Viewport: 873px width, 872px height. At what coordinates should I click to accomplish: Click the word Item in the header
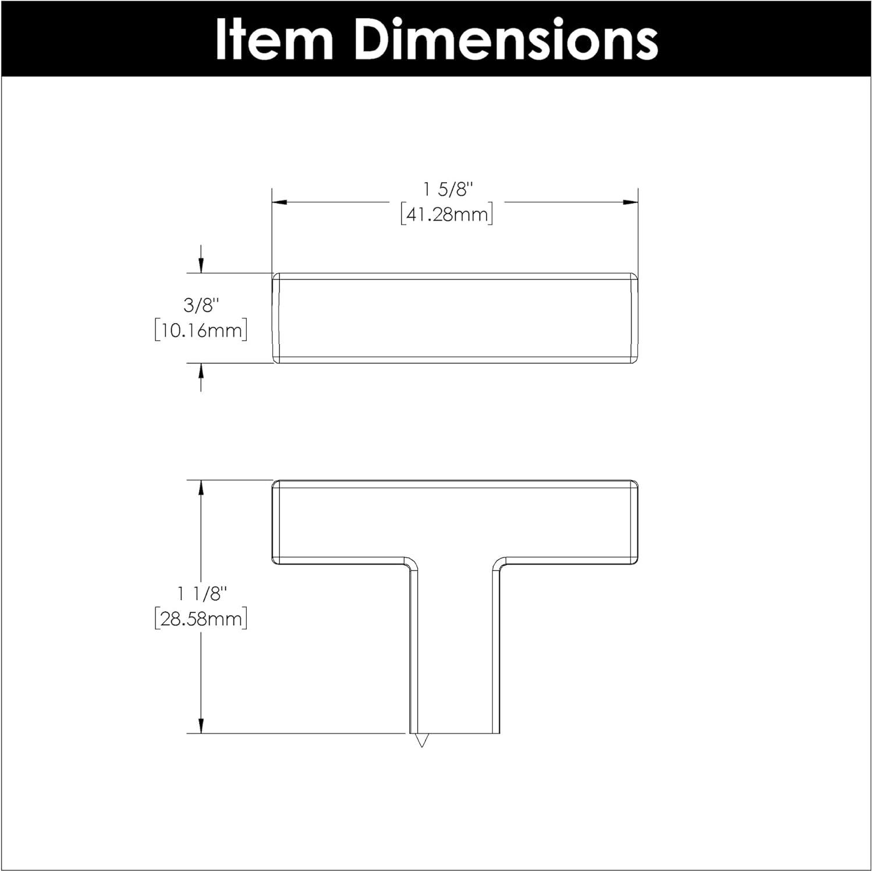point(274,39)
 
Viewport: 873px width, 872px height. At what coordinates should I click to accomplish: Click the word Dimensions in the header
point(506,39)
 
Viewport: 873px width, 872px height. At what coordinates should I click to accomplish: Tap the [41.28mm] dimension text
point(447,215)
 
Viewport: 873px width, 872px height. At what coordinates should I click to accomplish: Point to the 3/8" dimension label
point(201,304)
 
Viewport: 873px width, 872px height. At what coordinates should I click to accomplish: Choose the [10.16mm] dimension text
point(201,330)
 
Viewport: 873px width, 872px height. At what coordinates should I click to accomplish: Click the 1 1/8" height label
point(201,594)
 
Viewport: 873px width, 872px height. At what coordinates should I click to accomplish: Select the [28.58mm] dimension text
point(201,618)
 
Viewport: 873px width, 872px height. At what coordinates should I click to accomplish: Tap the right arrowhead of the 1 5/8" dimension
point(631,203)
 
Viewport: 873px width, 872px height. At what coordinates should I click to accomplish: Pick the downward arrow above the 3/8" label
point(201,265)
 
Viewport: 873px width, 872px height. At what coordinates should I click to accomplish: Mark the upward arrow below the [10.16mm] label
point(201,371)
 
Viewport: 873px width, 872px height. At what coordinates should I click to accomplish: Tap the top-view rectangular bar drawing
point(455,318)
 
